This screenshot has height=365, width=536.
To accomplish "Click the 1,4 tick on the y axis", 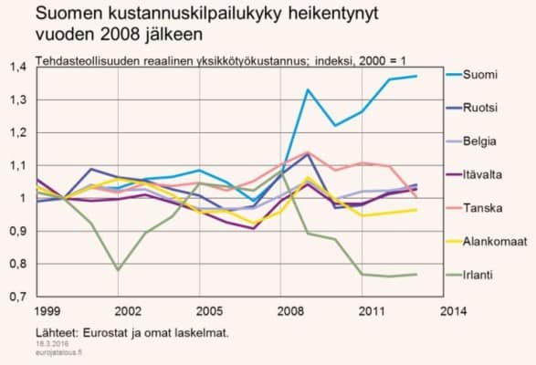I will (x=17, y=67).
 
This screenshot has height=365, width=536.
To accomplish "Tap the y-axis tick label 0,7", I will (x=17, y=297).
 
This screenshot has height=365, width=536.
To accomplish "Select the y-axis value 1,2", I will (x=17, y=132).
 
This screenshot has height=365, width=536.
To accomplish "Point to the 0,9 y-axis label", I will (x=17, y=231).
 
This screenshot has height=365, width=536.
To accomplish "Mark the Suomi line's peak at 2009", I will (x=309, y=89).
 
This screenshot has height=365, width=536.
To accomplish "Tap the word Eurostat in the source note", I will (x=102, y=332).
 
